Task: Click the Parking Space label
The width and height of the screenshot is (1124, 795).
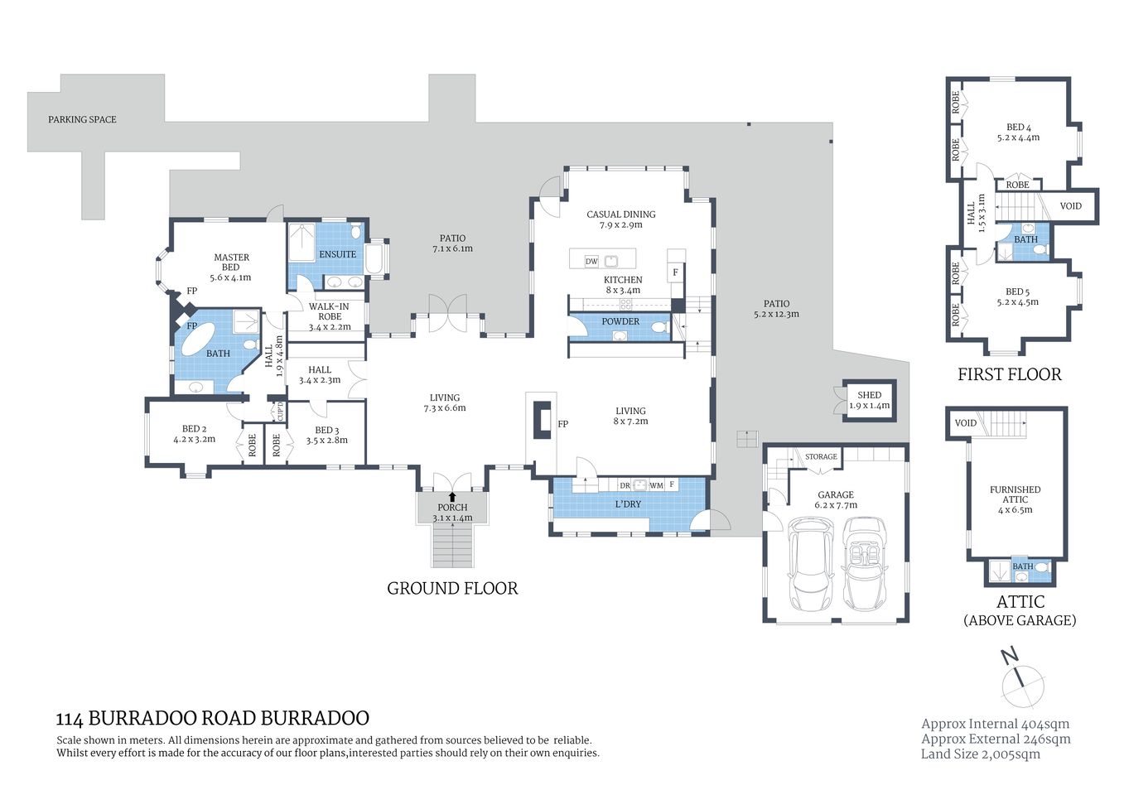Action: click(x=82, y=120)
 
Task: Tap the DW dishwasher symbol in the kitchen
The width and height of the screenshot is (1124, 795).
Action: click(x=591, y=262)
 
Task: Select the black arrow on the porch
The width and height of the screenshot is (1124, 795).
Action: click(x=452, y=498)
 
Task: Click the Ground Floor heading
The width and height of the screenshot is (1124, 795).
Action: click(x=452, y=589)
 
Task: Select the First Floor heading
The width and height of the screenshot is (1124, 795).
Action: click(x=1009, y=374)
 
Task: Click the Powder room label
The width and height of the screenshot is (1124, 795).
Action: click(x=620, y=321)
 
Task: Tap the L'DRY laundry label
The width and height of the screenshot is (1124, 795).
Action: click(x=628, y=504)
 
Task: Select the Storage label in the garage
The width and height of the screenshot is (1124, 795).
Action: click(x=821, y=456)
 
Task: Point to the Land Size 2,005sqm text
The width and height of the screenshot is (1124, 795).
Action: click(x=981, y=754)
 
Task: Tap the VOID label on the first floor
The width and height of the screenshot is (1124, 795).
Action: click(x=1070, y=206)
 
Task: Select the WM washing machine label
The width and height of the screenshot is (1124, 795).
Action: click(x=655, y=485)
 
